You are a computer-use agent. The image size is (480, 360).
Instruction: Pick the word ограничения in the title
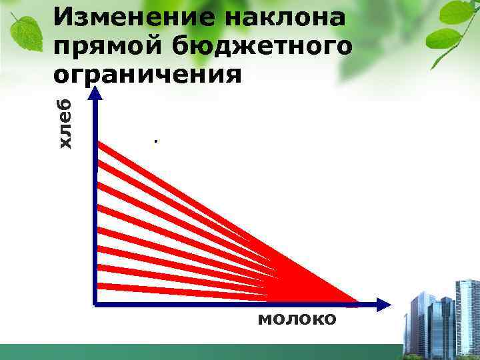coord(147,73)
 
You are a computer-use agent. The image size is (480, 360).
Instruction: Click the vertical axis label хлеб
coord(64,123)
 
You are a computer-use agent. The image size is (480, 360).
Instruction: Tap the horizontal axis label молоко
coord(297,319)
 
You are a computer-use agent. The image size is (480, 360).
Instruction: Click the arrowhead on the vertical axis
coord(97,94)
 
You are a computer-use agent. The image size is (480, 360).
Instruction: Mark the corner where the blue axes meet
coord(97,305)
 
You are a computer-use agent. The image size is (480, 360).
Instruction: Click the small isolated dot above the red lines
coord(155,141)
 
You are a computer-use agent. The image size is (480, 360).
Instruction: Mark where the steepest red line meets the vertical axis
coord(99,143)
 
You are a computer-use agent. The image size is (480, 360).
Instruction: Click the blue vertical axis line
coord(97,200)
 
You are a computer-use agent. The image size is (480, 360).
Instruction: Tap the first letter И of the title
coord(63,17)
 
